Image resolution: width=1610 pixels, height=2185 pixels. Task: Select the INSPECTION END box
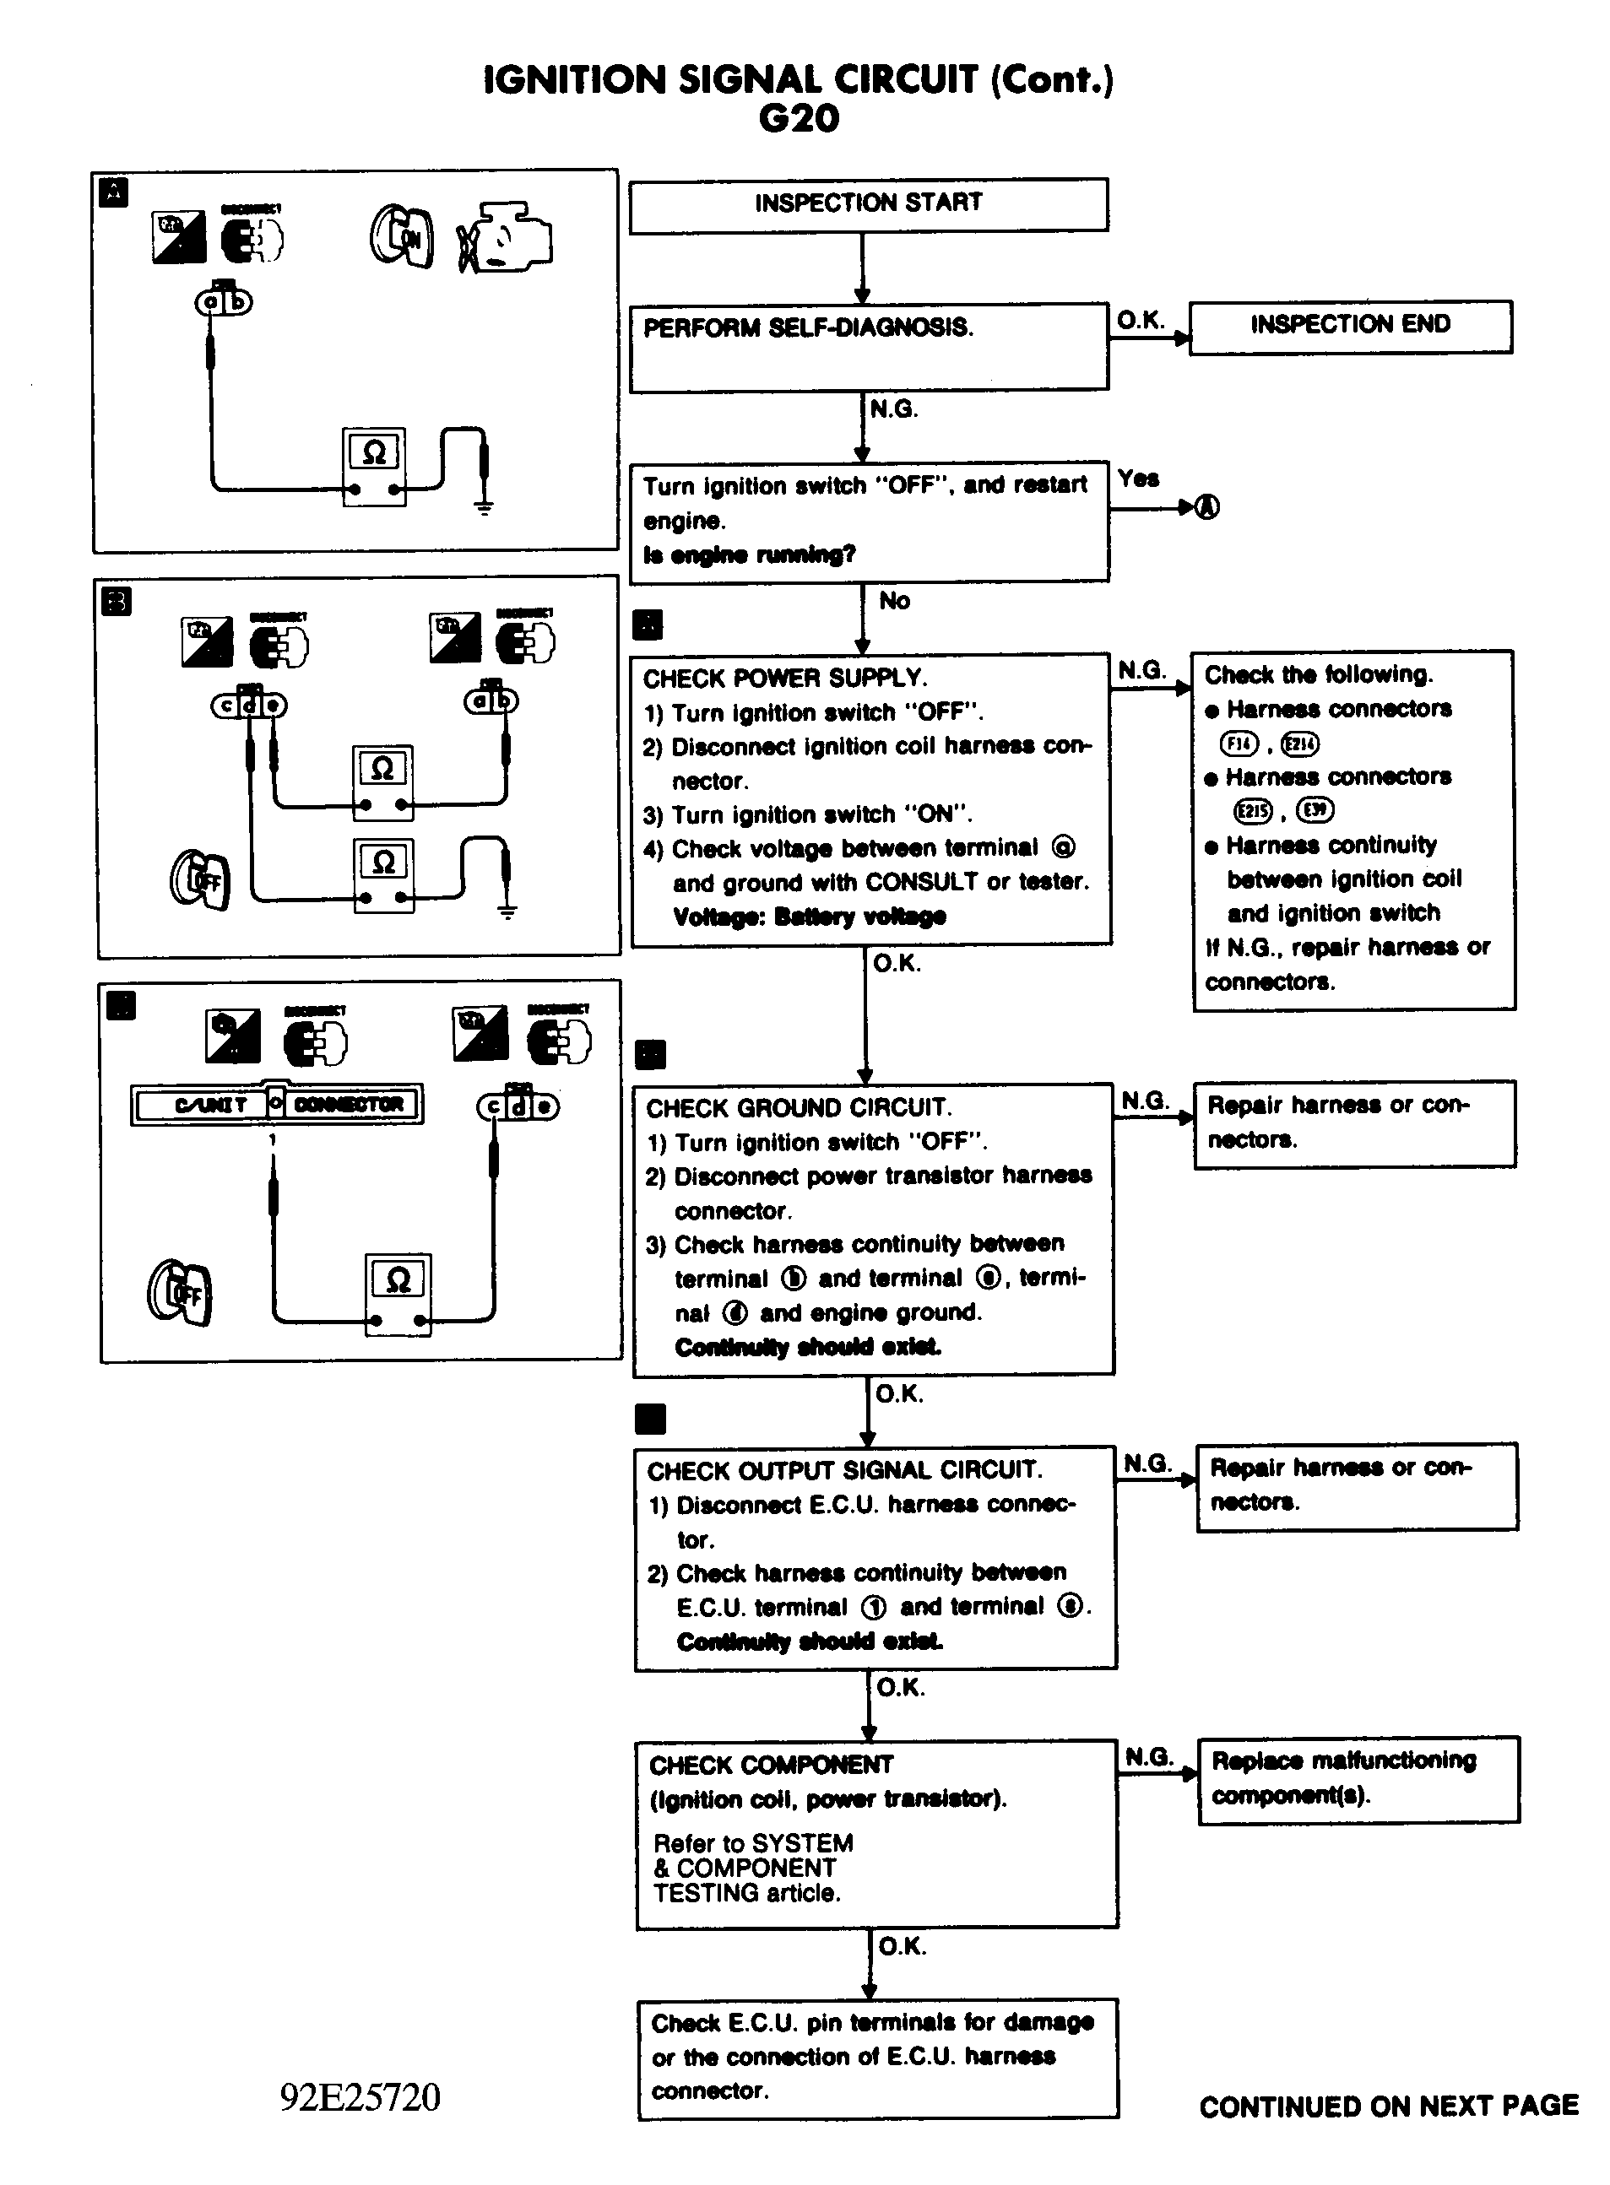point(1350,327)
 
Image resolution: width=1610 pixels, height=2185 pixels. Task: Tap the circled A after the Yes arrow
point(1206,507)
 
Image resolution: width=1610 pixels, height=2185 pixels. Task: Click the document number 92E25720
point(360,2097)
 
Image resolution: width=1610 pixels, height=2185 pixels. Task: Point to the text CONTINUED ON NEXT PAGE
point(1388,2107)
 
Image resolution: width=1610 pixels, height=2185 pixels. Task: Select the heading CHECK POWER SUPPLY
point(784,678)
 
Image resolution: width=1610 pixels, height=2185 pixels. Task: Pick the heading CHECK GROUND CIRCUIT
point(800,1109)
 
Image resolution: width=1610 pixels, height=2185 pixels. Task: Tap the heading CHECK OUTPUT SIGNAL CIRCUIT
point(844,1471)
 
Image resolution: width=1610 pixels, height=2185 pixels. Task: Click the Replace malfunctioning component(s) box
point(1358,1779)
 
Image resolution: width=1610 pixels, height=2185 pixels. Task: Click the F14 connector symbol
point(1239,744)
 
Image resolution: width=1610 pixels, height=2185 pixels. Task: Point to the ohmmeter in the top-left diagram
point(374,466)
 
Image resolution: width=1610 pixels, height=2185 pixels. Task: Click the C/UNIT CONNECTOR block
point(277,1105)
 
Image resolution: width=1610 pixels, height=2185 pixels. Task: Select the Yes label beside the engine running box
point(1138,479)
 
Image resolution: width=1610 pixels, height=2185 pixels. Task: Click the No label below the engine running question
point(894,601)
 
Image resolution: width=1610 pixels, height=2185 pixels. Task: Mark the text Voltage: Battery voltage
point(809,917)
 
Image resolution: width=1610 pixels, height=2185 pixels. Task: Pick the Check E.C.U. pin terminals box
point(877,2058)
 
